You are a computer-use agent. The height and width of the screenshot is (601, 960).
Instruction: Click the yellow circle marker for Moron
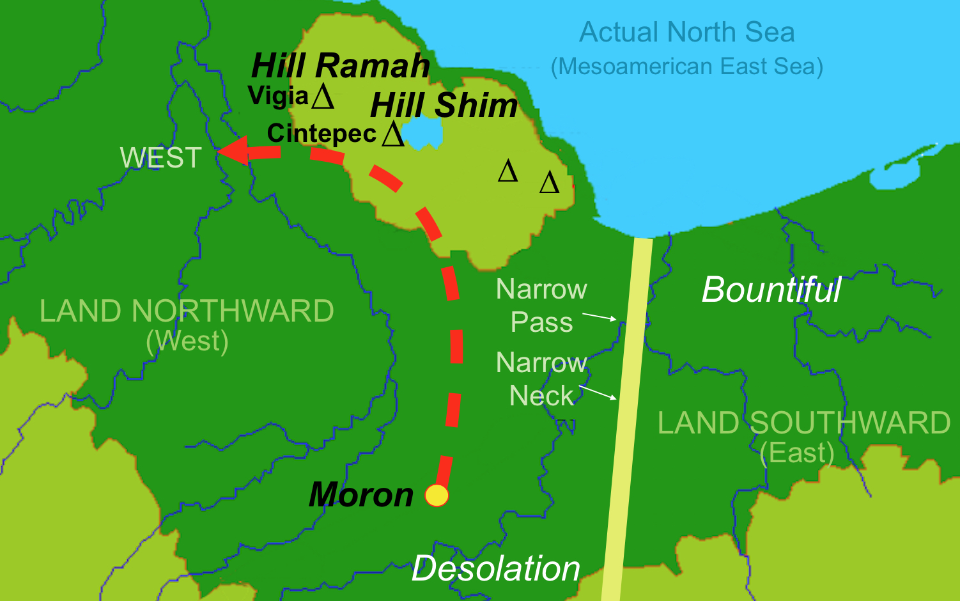437,496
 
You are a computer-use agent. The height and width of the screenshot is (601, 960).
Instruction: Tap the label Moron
361,496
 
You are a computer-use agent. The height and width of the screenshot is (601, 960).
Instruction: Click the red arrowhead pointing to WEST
232,151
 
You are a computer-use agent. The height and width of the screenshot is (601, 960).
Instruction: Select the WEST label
161,158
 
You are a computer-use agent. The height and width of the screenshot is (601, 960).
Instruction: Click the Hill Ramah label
341,66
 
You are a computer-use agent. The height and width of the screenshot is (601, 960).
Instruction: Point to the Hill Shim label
444,105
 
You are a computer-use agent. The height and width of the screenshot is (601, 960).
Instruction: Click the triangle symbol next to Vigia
323,97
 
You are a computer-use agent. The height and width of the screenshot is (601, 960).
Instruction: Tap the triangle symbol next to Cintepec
392,134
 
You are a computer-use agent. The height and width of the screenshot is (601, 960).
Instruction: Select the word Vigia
279,96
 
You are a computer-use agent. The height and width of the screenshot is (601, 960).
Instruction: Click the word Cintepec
321,134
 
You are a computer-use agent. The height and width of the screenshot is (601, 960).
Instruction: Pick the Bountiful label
771,290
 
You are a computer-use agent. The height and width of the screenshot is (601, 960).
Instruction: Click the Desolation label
495,568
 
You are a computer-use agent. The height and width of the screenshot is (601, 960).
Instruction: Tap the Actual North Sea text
687,33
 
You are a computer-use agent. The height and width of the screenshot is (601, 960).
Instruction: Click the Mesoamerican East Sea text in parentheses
687,66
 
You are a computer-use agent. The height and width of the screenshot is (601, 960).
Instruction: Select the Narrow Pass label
541,306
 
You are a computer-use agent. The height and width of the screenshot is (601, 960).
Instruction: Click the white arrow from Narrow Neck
598,393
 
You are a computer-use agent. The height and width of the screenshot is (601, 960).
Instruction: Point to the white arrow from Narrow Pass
600,316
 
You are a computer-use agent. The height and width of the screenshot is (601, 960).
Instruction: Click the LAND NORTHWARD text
187,311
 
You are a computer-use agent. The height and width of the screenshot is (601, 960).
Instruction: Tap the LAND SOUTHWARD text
804,423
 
